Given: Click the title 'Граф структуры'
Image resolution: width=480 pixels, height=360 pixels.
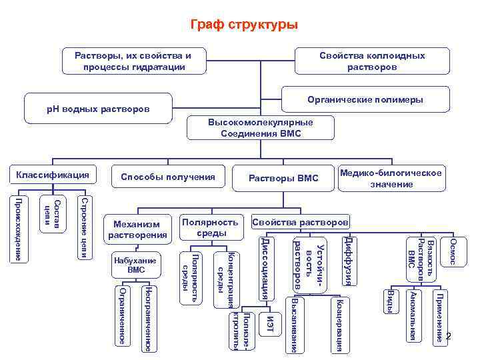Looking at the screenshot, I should point(244,25).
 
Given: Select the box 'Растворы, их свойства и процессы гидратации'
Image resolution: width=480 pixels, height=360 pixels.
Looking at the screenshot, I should point(134,61).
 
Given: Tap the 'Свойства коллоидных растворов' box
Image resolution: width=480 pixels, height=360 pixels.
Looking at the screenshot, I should point(371,61).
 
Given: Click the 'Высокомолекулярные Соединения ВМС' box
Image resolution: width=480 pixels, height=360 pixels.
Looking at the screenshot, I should point(261,128).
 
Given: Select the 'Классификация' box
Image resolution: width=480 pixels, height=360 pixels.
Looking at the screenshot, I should point(50,175).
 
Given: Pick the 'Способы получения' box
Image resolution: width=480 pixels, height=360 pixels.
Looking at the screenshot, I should point(167,177).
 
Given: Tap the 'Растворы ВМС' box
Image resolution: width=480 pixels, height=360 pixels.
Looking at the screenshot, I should point(283,178).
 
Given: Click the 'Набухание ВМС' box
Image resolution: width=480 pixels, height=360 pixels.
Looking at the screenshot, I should point(135,265).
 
